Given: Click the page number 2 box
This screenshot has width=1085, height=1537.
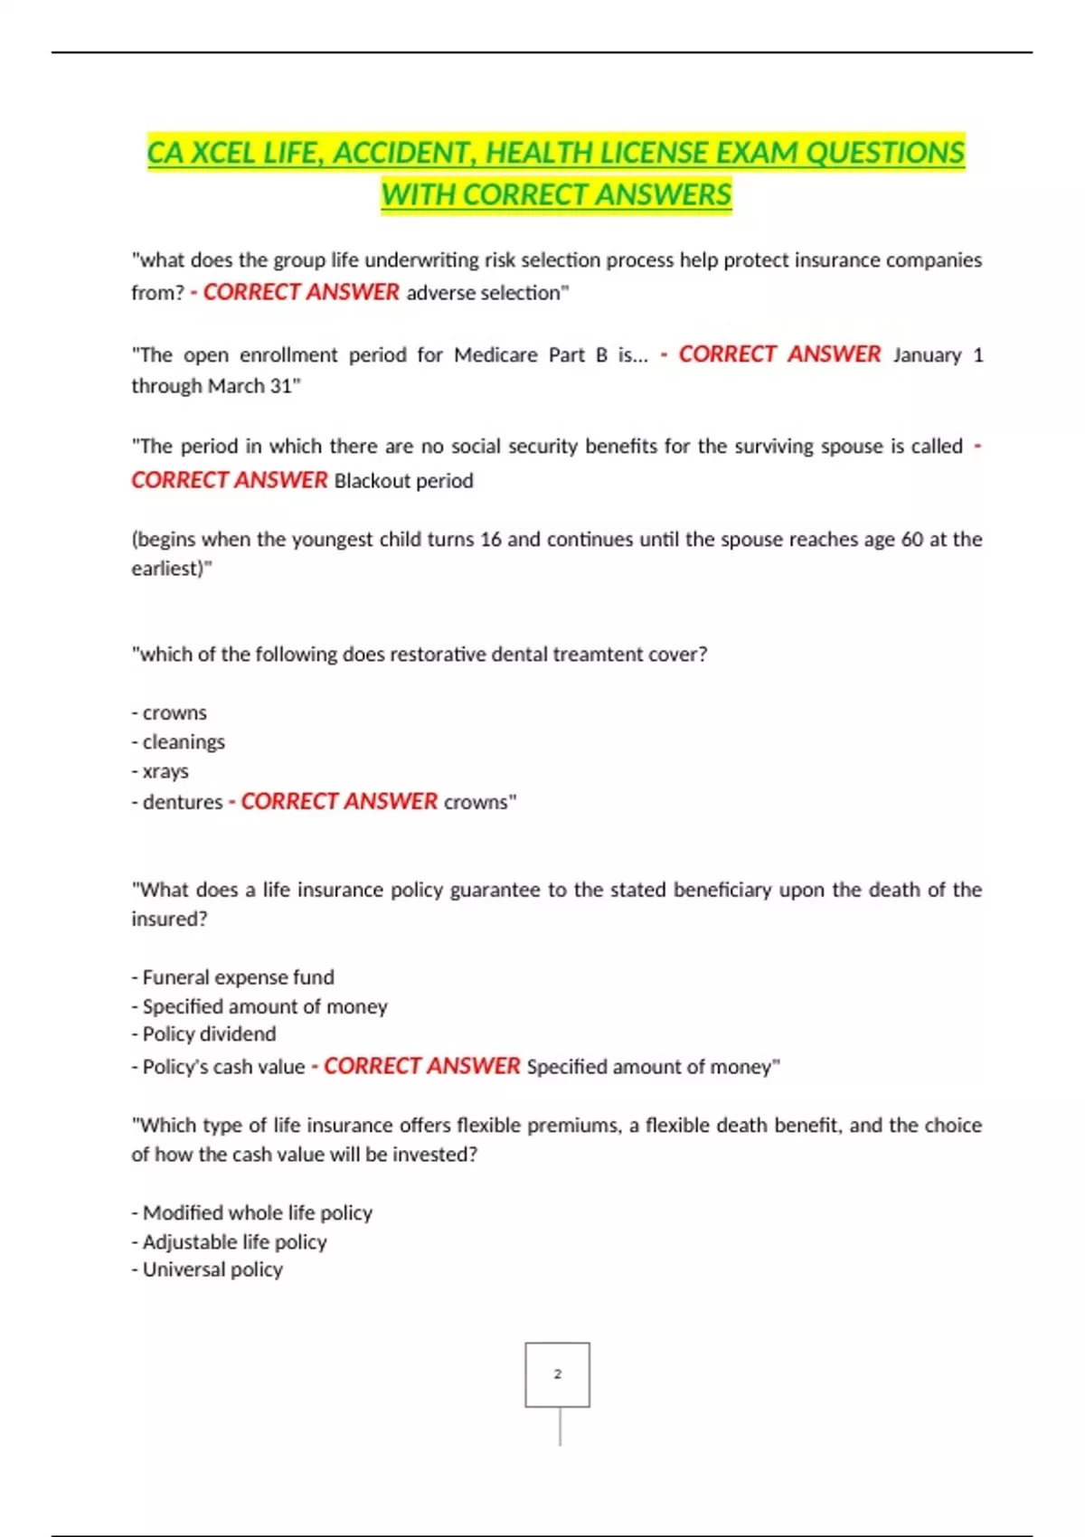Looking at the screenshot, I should click(557, 1374).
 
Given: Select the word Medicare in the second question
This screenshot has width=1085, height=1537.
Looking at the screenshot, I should click(495, 355).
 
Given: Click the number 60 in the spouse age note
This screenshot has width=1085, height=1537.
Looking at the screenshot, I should click(911, 540).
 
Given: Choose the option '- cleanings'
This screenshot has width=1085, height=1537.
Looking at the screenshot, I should click(178, 742).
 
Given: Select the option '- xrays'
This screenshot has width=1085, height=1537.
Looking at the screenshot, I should click(160, 772).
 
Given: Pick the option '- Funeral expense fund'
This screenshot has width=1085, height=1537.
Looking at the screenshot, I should click(232, 977).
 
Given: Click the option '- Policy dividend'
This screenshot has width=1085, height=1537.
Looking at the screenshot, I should click(203, 1034).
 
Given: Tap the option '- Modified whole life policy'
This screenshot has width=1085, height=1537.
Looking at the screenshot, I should click(251, 1213).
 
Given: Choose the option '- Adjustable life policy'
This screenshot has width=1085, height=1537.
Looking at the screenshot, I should click(229, 1242).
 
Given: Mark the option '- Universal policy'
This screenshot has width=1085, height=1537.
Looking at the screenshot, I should click(207, 1270).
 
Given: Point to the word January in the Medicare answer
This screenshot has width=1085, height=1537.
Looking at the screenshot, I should click(927, 355).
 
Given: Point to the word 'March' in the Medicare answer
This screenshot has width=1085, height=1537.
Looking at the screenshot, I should click(236, 386).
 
